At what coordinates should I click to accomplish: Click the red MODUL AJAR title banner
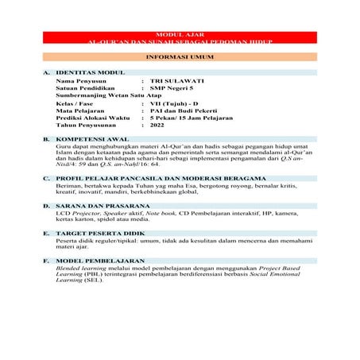tap(180, 37)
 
